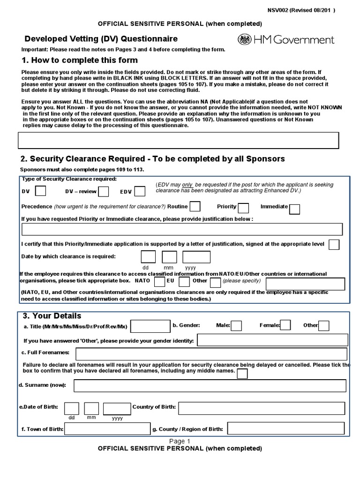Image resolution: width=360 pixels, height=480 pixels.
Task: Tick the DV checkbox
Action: tap(41, 191)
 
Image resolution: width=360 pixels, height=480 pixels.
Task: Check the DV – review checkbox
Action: tap(104, 191)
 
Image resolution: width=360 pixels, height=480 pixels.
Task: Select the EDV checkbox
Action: tap(140, 191)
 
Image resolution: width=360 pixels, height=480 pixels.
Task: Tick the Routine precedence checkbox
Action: tap(195, 207)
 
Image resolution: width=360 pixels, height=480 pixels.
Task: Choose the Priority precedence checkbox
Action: tap(243, 208)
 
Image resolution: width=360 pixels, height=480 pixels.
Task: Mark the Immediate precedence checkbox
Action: tap(294, 209)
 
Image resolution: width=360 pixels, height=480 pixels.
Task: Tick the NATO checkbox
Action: tap(159, 282)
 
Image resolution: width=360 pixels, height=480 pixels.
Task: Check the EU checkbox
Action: tap(184, 282)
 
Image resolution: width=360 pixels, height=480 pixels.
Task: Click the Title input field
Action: tap(151, 326)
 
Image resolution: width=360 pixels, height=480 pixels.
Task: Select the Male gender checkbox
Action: tap(237, 325)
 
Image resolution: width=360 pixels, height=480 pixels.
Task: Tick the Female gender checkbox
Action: tap(285, 325)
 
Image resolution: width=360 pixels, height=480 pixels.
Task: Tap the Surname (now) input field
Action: tap(210, 385)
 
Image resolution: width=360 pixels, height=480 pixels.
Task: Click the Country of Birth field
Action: tap(262, 408)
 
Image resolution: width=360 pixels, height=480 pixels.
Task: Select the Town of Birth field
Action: tap(107, 428)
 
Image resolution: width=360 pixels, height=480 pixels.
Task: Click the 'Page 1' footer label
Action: tap(180, 441)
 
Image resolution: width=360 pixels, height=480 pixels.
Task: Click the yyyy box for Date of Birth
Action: tap(117, 409)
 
